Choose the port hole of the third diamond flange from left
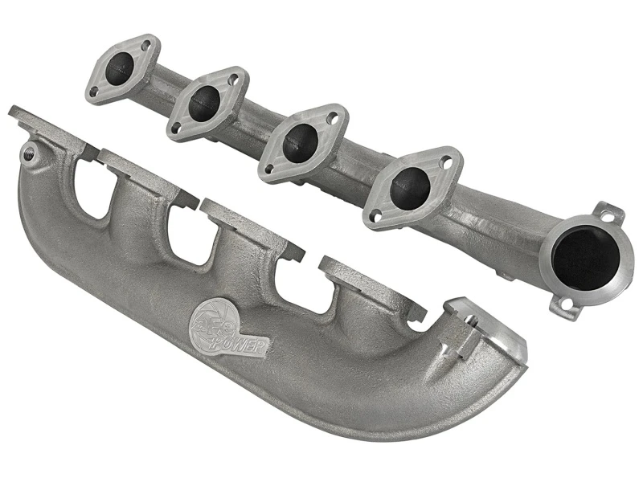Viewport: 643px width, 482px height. (300, 142)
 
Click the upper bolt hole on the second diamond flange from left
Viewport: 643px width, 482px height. (234, 80)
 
